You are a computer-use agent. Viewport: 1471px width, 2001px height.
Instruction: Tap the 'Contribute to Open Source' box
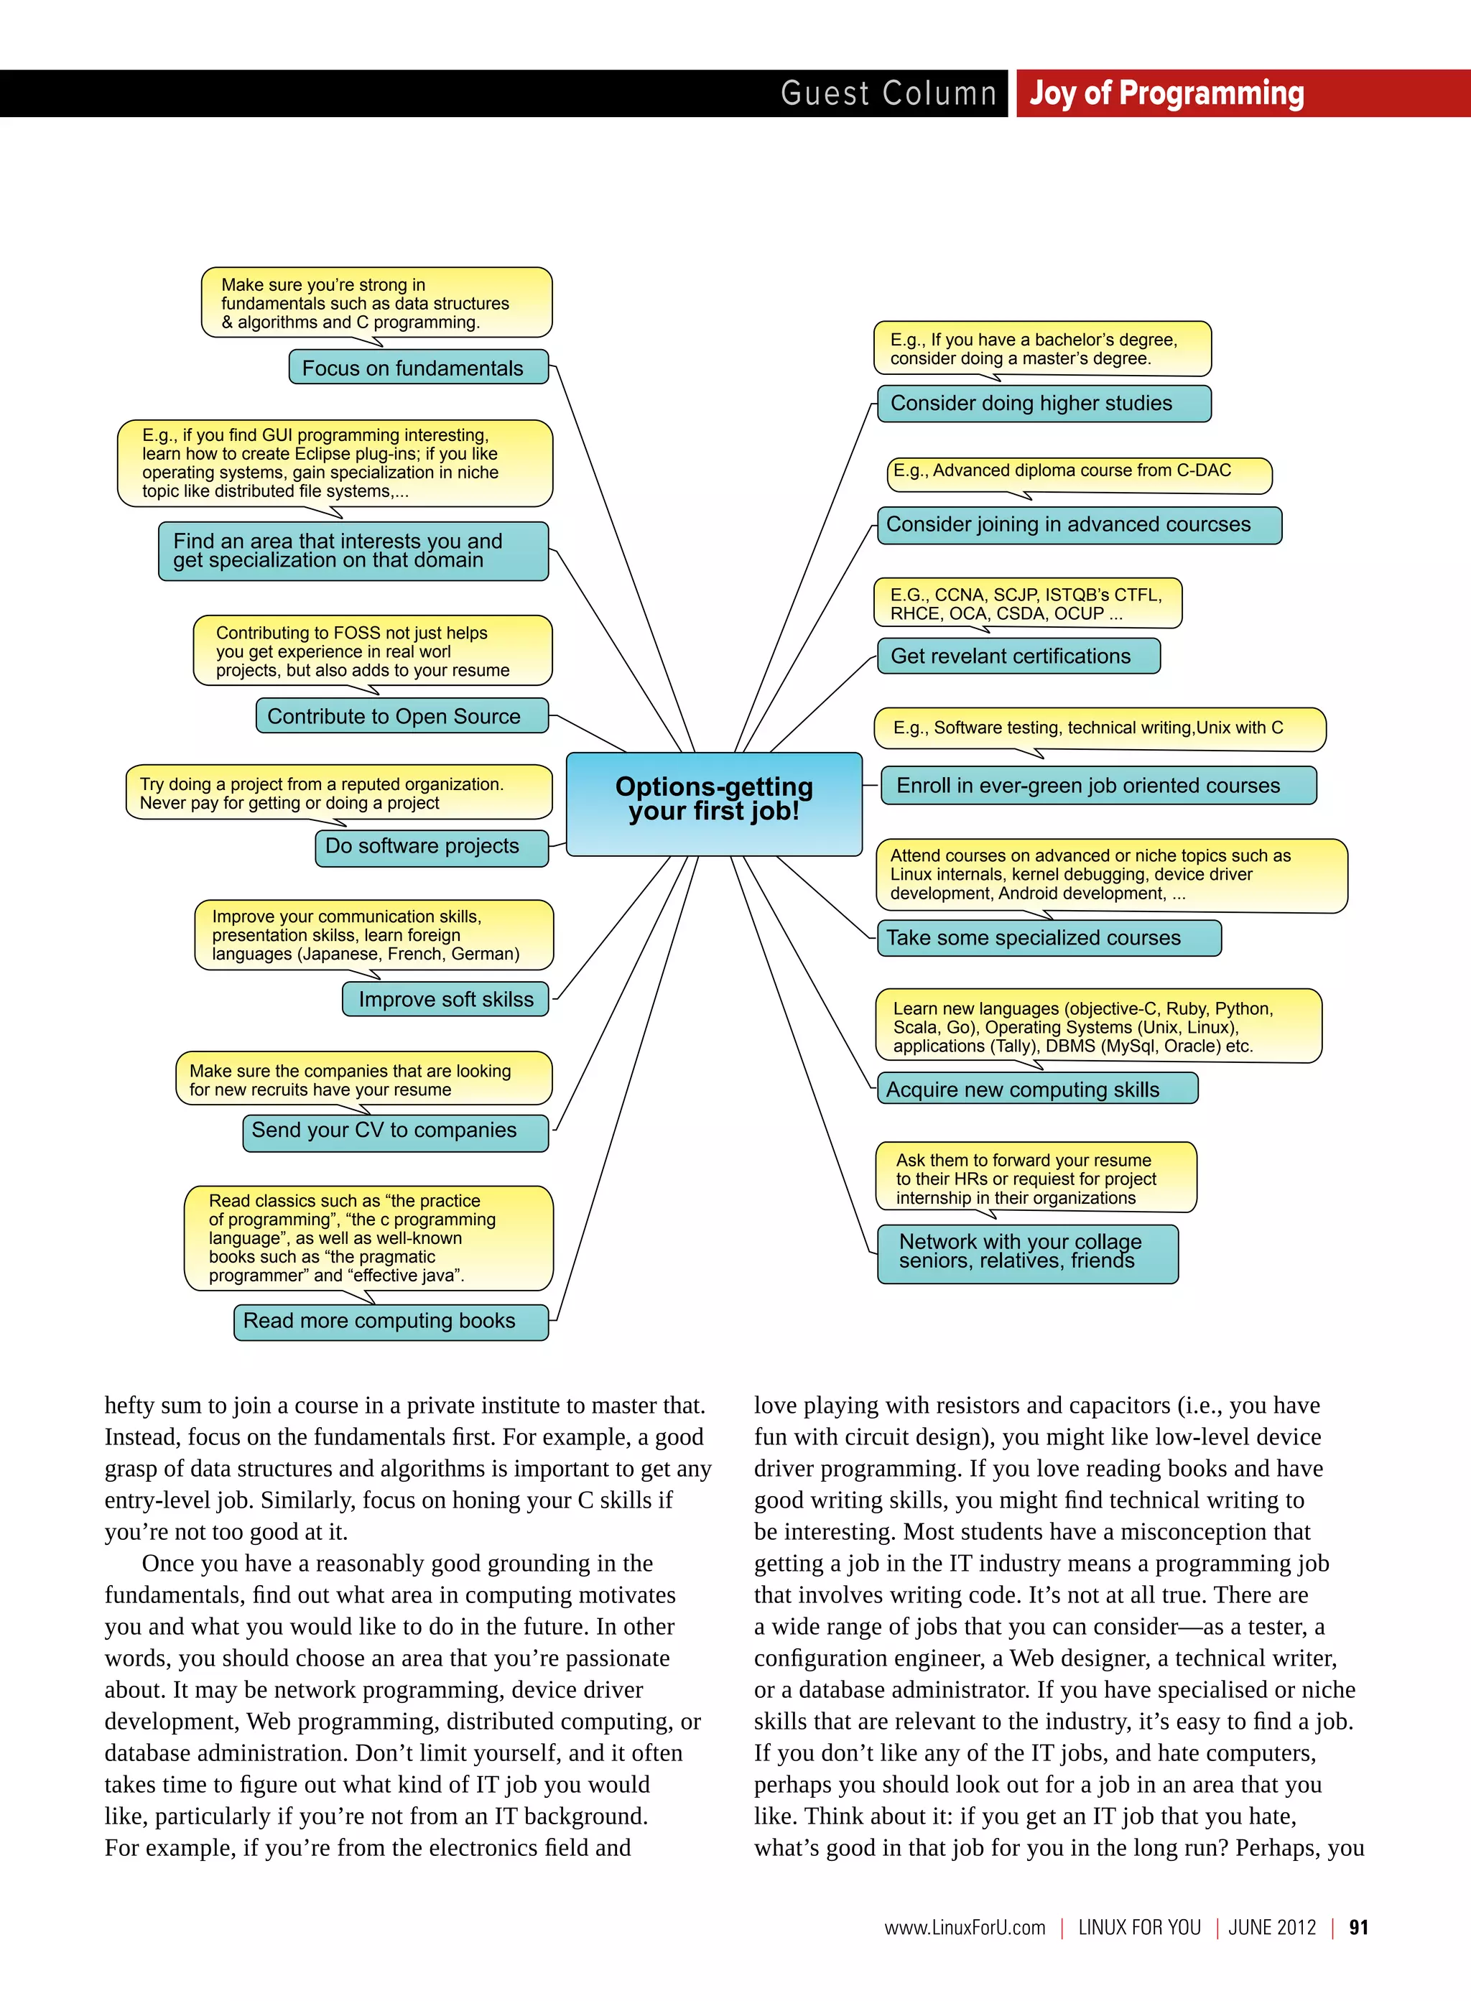(x=402, y=716)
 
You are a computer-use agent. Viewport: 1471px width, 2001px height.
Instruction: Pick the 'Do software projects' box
(x=431, y=847)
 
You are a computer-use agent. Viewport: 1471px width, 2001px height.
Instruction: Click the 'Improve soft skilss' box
(x=445, y=999)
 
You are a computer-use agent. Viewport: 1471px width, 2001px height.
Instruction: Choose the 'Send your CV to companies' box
(x=394, y=1132)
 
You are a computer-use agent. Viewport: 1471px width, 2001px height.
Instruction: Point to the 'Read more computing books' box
(x=390, y=1322)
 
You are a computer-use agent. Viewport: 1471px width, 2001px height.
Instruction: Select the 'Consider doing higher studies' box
(x=1044, y=404)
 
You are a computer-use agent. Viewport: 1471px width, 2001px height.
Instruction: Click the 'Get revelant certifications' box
(x=1018, y=656)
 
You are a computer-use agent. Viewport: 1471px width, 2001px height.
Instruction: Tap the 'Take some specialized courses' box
(x=1048, y=938)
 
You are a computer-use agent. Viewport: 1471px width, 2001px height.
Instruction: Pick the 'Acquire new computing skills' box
(x=1036, y=1089)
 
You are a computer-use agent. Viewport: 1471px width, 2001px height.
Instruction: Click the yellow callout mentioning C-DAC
(x=1078, y=473)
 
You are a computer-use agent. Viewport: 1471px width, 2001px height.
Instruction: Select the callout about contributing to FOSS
(x=372, y=651)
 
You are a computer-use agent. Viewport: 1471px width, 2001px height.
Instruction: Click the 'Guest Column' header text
(x=888, y=93)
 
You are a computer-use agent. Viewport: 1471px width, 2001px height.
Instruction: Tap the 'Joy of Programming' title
(x=1166, y=93)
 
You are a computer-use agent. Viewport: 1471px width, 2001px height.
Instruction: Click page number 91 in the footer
(x=1358, y=1927)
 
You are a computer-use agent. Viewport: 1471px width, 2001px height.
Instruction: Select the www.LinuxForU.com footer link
(x=965, y=1927)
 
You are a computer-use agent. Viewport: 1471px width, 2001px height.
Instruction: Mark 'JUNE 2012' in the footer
(x=1271, y=1927)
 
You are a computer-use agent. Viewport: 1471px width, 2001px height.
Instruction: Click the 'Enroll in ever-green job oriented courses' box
(x=1098, y=786)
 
